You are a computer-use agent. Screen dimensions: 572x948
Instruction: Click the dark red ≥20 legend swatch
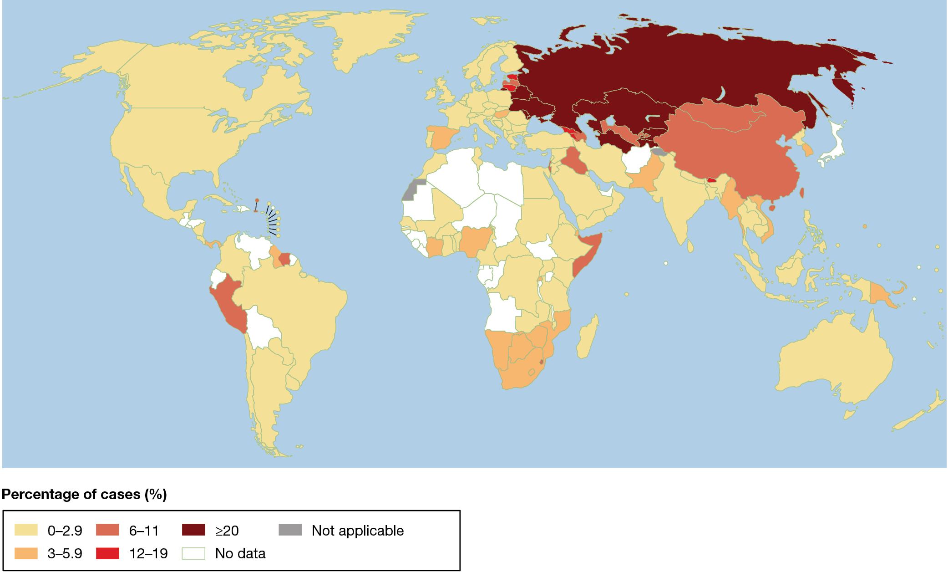[193, 530]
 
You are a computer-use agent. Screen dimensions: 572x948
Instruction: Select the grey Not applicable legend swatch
[290, 530]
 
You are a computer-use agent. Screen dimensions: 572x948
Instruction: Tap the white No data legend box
[193, 553]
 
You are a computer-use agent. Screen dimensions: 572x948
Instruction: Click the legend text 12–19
[148, 553]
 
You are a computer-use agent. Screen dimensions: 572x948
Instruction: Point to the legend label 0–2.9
[65, 531]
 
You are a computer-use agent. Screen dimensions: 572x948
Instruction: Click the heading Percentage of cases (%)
[84, 494]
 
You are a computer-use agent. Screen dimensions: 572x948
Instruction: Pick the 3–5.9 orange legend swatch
[26, 553]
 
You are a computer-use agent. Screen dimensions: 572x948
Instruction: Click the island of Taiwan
[801, 193]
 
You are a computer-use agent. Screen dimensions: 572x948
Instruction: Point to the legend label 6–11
[144, 531]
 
